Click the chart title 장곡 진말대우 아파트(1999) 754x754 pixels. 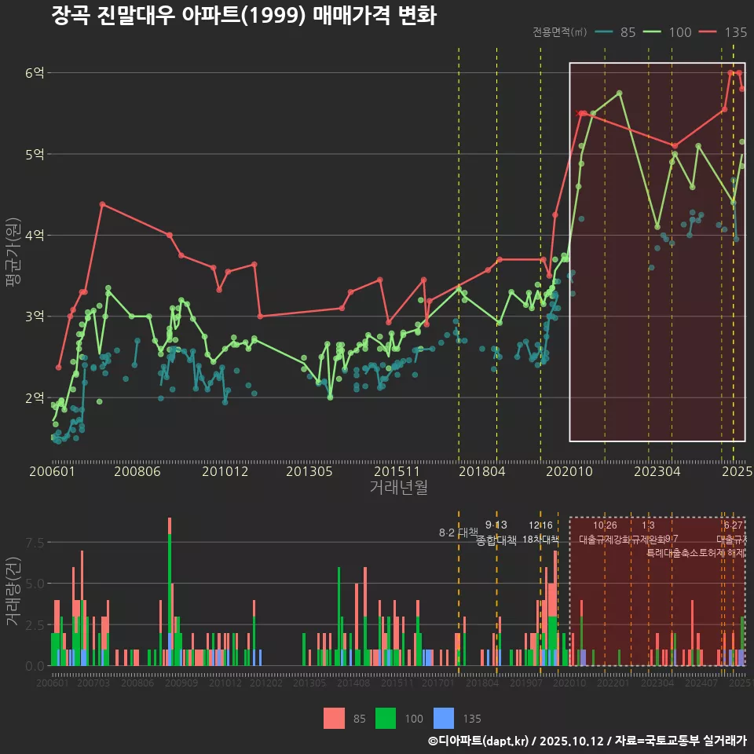[243, 16]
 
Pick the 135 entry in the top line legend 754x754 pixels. [725, 32]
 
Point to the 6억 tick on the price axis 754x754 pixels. [35, 73]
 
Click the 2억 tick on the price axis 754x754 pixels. [35, 397]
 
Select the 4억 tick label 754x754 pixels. [35, 235]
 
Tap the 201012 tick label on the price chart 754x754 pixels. [225, 472]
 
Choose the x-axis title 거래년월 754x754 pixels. [398, 488]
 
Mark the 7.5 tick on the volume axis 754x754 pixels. [35, 543]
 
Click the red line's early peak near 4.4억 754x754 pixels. [102, 204]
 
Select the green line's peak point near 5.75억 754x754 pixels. [620, 93]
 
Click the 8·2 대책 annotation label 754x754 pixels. [458, 533]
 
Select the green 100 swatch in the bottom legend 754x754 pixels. [386, 718]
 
